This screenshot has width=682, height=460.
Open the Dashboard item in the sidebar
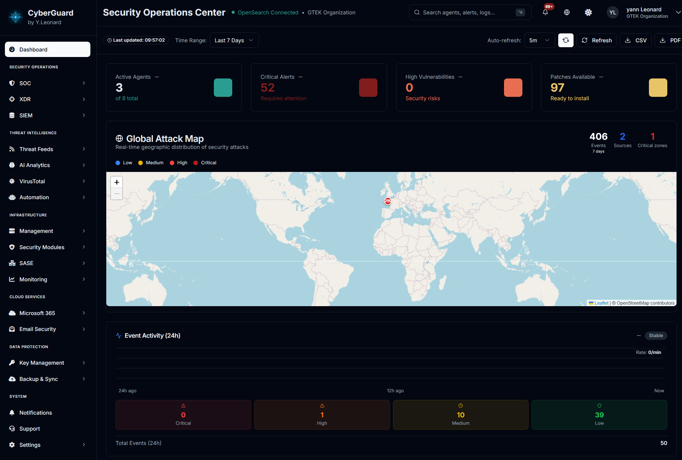(x=47, y=49)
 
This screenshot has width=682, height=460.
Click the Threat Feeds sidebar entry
(x=36, y=149)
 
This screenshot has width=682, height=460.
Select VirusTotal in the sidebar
(x=32, y=181)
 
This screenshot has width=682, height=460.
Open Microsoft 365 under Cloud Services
(x=37, y=313)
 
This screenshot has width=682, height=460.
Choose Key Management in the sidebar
(x=42, y=363)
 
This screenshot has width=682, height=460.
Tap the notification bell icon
(x=545, y=12)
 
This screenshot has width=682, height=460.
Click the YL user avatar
(x=612, y=12)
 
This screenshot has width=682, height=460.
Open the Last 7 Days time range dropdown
(x=234, y=40)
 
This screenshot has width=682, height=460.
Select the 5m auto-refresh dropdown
(x=539, y=40)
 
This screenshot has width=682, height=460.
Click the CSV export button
(x=636, y=40)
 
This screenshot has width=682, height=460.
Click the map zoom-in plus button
(x=117, y=182)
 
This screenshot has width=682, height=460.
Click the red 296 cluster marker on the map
(x=388, y=201)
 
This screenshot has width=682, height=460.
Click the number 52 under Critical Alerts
(x=267, y=88)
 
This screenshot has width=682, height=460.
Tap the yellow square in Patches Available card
(x=658, y=88)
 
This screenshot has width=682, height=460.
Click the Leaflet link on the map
(x=601, y=303)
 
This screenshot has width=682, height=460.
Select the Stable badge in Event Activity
(x=656, y=335)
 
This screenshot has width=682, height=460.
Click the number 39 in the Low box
(x=599, y=415)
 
